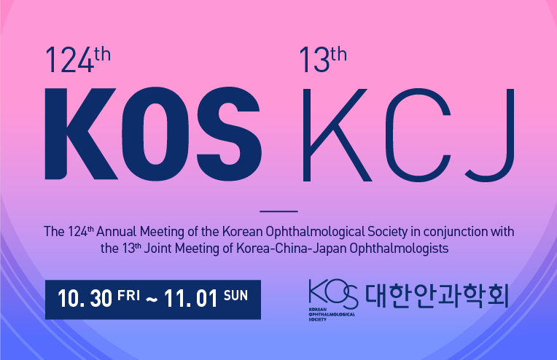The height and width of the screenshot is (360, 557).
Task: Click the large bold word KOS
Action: [153, 133]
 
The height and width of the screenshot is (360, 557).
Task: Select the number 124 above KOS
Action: [69, 60]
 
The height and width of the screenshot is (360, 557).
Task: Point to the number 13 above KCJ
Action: [314, 60]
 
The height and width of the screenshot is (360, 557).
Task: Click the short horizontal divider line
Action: [278, 211]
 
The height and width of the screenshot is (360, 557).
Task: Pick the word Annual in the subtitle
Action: [116, 232]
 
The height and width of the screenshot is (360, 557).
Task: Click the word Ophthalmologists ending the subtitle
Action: [399, 249]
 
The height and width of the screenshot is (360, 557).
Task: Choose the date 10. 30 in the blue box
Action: [85, 299]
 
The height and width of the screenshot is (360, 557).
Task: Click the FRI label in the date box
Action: [128, 295]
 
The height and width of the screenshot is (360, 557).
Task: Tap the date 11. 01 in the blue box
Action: [191, 299]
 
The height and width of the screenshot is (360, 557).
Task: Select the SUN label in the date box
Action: [235, 295]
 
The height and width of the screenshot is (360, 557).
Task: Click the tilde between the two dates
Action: [152, 300]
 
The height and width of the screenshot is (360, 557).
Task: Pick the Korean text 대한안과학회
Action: [437, 295]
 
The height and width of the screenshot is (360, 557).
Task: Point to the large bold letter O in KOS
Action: [155, 134]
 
